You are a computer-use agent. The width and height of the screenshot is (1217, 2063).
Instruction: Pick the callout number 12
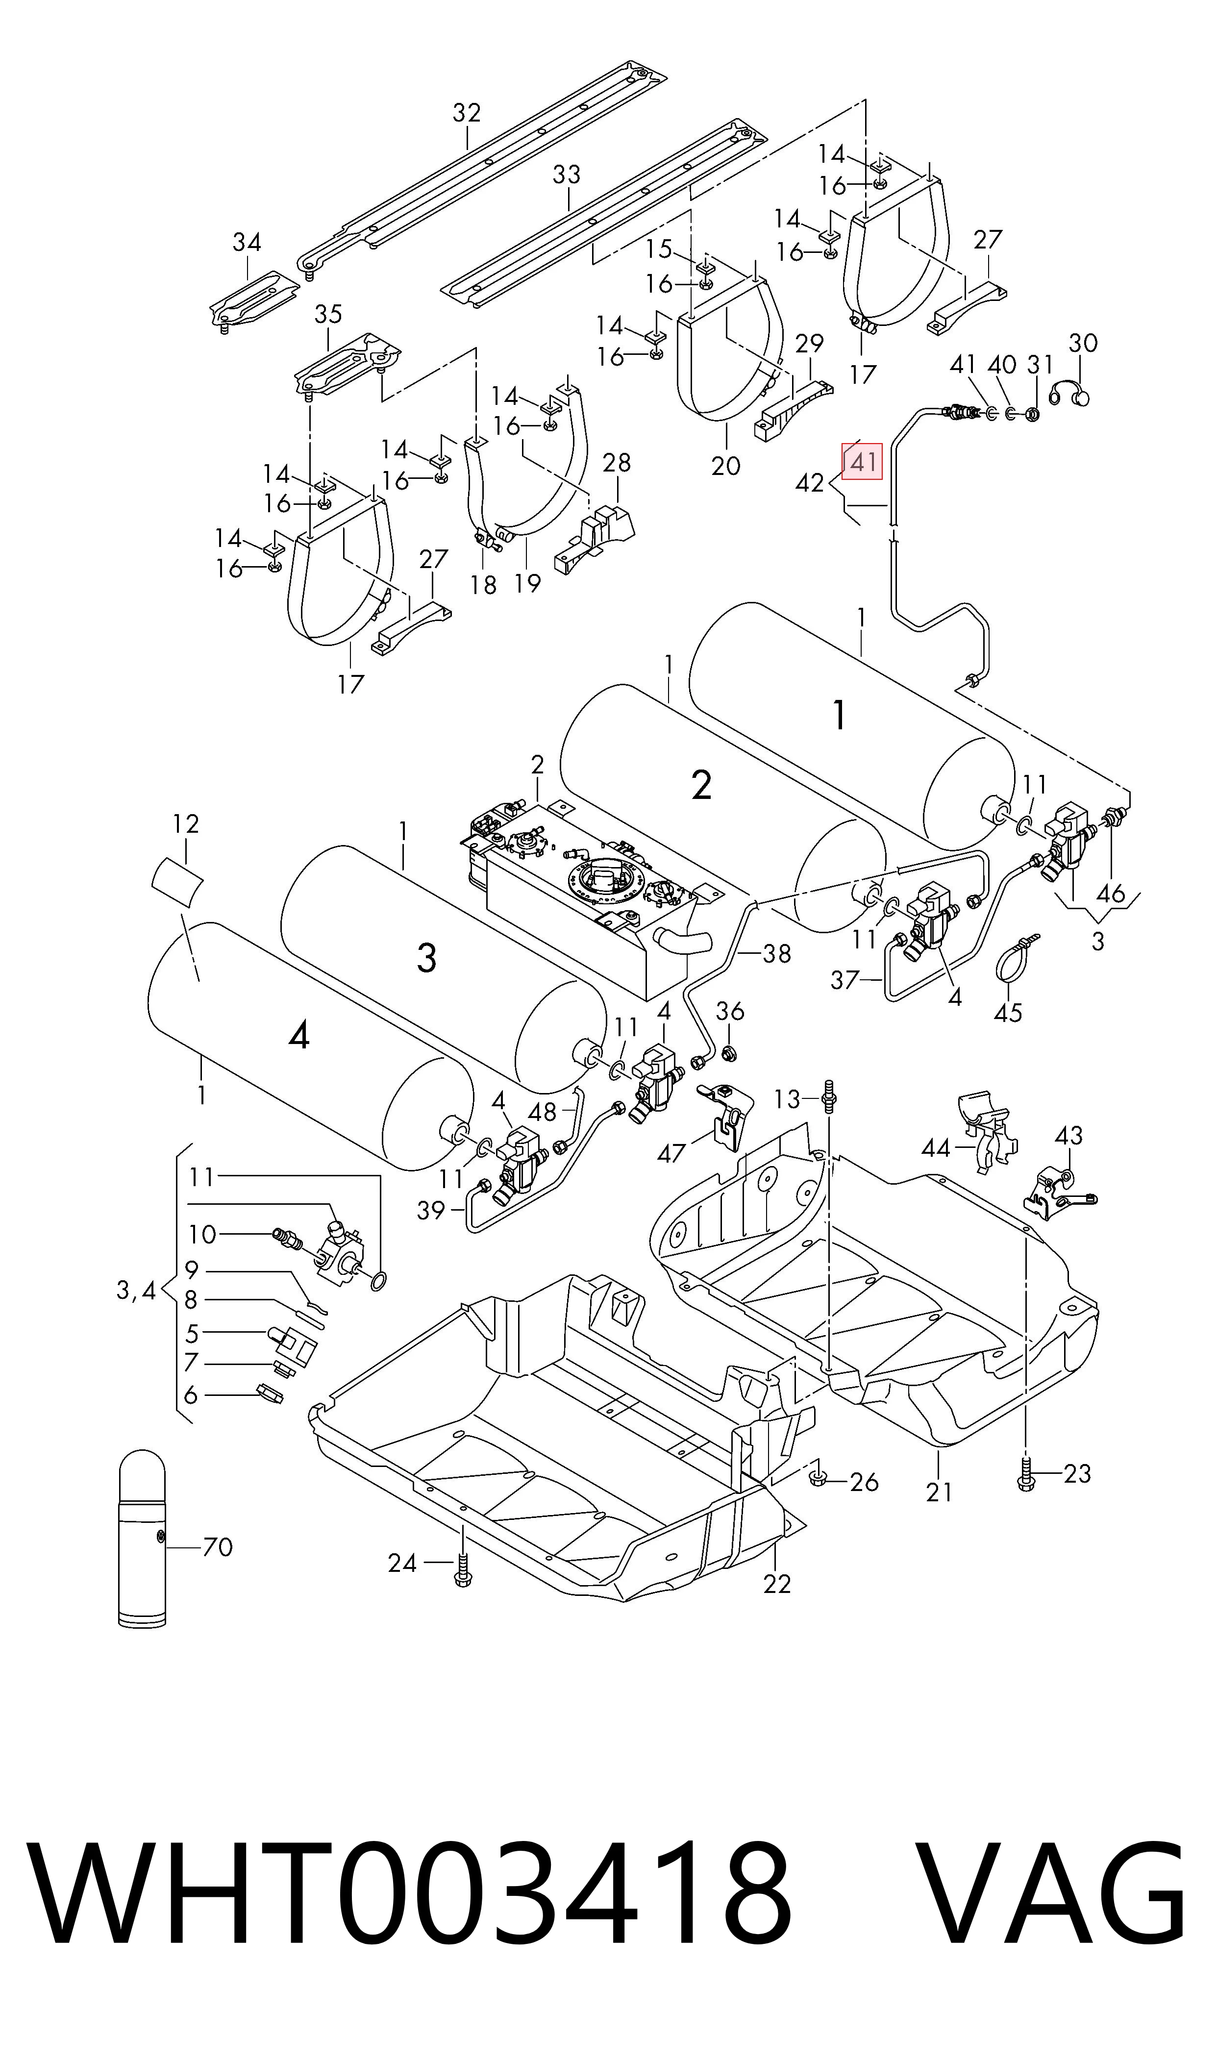(x=186, y=824)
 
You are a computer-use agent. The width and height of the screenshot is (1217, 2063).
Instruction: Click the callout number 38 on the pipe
(x=777, y=954)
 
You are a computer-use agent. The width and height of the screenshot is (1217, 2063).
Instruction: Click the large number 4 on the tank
(x=299, y=1038)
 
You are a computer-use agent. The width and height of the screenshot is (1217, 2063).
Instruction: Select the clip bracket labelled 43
(x=1056, y=1189)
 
